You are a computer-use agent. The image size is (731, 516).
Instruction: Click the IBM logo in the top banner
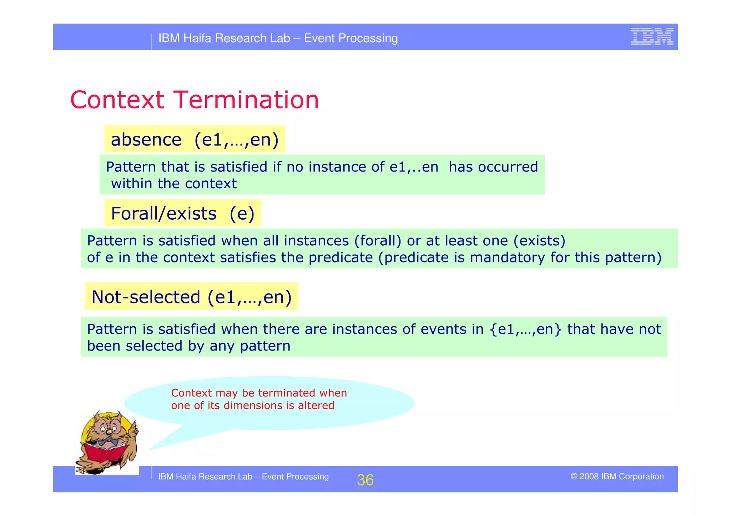coord(652,37)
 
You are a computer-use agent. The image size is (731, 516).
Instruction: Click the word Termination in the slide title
coord(246,100)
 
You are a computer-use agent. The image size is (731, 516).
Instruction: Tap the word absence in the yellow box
coord(146,139)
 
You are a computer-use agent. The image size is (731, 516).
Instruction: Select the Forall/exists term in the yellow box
coord(163,214)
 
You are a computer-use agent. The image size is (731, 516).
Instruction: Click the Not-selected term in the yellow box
coord(146,297)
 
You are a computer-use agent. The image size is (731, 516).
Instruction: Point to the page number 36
coord(365,480)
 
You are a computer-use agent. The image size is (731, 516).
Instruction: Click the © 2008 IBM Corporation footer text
coord(617,476)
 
